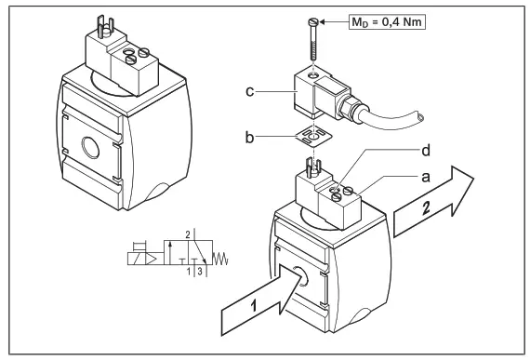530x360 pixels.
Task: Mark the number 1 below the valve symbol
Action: pyautogui.click(x=187, y=272)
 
